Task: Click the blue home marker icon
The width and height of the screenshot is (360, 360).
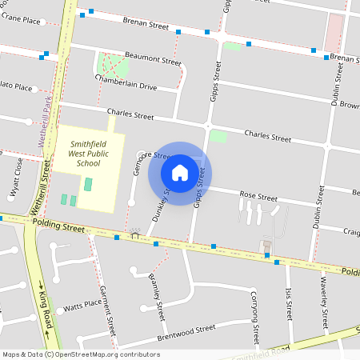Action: [x=179, y=172]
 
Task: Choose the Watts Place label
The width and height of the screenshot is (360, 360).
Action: [x=83, y=306]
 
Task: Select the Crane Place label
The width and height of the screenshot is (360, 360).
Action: [x=21, y=20]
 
